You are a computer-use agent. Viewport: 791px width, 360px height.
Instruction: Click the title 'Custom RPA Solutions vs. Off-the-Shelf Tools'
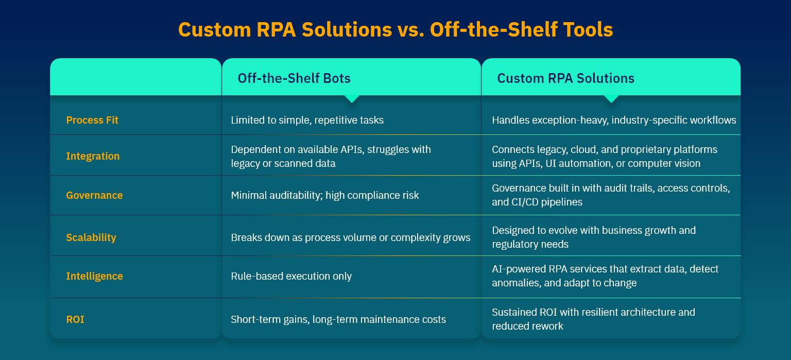pos(395,29)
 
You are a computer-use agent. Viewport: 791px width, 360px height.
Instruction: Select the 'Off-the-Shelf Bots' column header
pos(294,78)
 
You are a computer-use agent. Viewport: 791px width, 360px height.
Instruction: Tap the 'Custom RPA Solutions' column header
pos(566,78)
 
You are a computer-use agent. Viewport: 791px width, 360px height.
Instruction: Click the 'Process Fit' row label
pos(92,120)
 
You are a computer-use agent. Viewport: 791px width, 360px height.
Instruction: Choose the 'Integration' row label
pos(93,156)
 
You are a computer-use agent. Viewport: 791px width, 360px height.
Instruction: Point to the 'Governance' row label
pos(94,195)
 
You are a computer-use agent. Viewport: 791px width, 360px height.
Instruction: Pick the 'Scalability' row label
pos(91,237)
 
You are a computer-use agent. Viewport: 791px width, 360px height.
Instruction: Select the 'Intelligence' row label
pos(94,276)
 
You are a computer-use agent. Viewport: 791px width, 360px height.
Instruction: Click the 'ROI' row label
pos(75,319)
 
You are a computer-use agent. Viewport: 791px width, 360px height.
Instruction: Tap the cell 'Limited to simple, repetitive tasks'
pos(307,120)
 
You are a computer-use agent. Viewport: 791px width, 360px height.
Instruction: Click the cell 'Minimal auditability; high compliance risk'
pos(325,195)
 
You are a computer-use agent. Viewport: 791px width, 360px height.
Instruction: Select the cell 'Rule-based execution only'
pos(291,276)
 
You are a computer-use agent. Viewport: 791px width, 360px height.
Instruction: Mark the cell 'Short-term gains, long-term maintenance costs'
pos(338,319)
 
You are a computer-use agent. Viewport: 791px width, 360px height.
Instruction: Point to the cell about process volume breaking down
pos(351,237)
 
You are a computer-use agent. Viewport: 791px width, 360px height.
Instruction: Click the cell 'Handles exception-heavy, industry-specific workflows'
pos(614,120)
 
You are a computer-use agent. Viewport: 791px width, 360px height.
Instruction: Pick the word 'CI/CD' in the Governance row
pos(523,202)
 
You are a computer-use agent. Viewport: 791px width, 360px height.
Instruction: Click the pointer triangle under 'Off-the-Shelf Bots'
pos(352,99)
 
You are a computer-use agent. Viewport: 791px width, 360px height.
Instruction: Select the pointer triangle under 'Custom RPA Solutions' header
pos(611,99)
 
